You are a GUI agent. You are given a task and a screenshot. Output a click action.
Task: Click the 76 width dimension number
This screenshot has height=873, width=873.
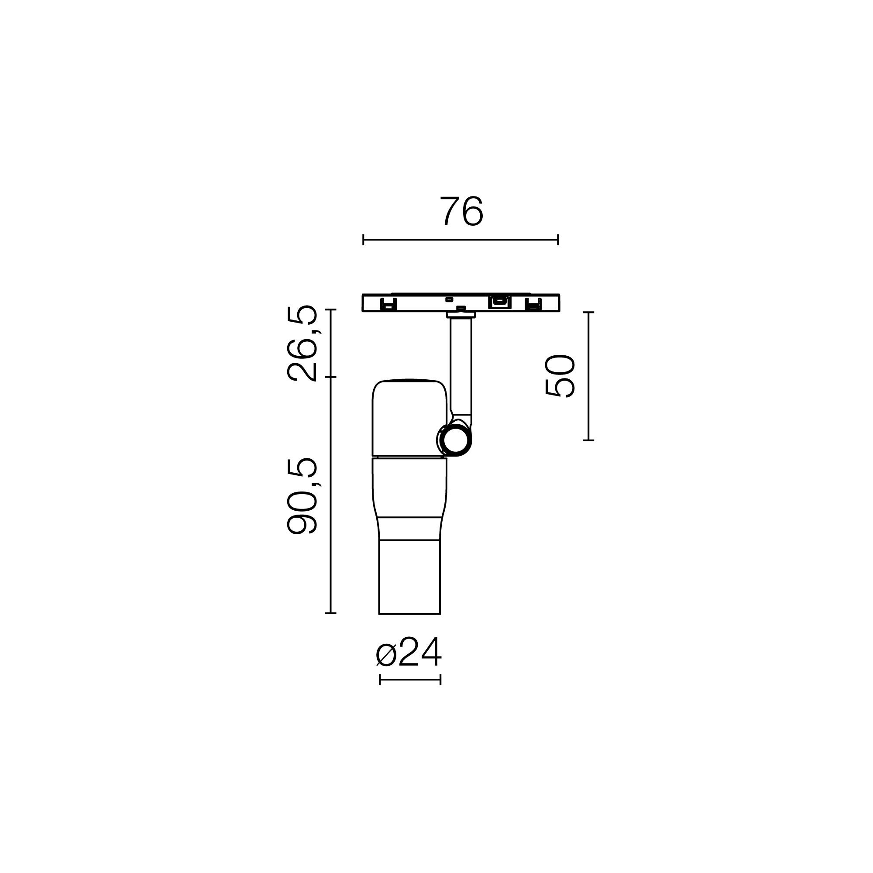coord(461,211)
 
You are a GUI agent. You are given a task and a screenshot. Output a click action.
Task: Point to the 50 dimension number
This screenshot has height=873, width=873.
coord(560,376)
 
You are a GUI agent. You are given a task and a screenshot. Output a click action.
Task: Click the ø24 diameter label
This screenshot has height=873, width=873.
coord(409,654)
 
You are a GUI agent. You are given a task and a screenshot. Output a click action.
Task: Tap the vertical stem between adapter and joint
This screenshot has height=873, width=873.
coord(461,366)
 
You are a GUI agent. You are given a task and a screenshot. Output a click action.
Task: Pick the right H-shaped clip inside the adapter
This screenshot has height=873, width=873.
coord(534,304)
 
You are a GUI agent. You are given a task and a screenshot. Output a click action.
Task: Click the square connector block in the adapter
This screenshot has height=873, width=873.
coord(499,301)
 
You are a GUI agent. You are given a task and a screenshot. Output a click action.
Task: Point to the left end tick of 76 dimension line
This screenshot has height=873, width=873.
coord(363,240)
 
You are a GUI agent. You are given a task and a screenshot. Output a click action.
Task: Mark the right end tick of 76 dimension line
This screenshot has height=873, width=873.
coord(558,240)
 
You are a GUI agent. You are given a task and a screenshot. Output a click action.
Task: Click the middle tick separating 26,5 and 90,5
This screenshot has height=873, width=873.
coord(331,377)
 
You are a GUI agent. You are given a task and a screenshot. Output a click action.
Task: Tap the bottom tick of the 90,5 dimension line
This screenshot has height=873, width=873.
coord(331,613)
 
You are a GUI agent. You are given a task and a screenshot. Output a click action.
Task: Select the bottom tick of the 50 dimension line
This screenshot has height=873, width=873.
coord(588,440)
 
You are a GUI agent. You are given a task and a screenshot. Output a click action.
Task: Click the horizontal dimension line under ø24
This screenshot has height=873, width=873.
coord(410,679)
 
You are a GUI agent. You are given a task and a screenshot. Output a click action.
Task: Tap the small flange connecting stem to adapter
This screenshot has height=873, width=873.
coord(460,315)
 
